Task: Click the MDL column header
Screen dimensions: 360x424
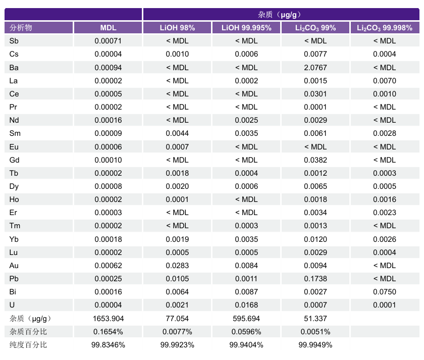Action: (x=108, y=28)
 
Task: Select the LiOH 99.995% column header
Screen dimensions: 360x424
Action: (x=246, y=28)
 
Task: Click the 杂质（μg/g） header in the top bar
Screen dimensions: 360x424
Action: (x=280, y=15)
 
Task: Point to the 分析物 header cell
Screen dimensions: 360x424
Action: (x=21, y=28)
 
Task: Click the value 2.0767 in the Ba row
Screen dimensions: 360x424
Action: (x=315, y=67)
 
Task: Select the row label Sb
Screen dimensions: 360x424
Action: (x=14, y=41)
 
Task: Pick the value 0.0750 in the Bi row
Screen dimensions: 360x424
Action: (x=384, y=291)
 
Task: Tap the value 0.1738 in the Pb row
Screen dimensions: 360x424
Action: (x=315, y=278)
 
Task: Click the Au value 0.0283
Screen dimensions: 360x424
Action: (x=177, y=265)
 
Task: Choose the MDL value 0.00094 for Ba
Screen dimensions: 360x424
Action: (x=108, y=67)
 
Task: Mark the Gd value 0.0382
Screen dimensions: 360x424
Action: (x=315, y=160)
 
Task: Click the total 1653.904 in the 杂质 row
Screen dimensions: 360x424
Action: (x=108, y=319)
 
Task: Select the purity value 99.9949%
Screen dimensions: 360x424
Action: (x=315, y=345)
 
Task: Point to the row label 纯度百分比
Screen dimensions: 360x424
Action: (x=28, y=345)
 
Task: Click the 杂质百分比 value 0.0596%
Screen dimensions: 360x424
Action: (x=246, y=332)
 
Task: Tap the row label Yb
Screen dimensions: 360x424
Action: (x=14, y=239)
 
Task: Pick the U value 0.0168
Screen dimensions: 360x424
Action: (x=246, y=304)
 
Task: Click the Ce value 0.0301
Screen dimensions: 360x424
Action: (x=315, y=94)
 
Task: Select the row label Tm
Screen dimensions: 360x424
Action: (x=15, y=226)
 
